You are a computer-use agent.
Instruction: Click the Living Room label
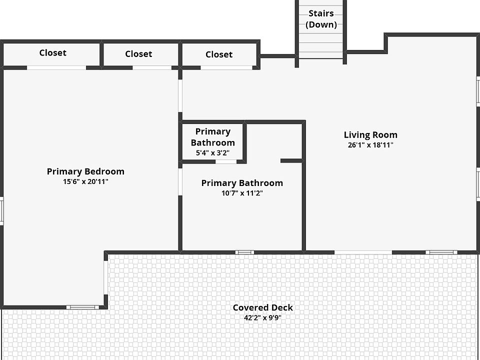coord(370,135)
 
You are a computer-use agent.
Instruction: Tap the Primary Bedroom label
coord(85,171)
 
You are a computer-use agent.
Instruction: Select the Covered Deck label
coord(263,307)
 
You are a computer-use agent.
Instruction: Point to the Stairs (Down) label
coord(321,19)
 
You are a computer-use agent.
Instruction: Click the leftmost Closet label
coord(52,52)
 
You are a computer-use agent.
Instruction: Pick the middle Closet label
coord(138,54)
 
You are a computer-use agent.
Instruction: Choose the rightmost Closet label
coord(219,54)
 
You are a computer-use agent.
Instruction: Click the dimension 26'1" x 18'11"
coord(370,145)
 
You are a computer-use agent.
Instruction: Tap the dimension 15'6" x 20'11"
coord(85,182)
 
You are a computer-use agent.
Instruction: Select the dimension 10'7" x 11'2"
coord(242,193)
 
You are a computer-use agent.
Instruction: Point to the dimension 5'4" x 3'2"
coord(212,153)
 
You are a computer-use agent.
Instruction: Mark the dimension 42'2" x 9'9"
coord(263,317)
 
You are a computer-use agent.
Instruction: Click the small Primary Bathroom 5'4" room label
coord(212,137)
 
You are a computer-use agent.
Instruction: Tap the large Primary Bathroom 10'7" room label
coord(242,183)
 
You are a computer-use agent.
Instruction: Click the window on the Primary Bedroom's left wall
coord(1,210)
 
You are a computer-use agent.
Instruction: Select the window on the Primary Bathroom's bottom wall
coord(244,252)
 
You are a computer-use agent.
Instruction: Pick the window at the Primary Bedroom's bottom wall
coord(83,307)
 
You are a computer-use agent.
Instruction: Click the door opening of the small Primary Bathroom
coord(226,161)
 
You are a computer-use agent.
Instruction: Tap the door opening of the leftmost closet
coord(56,67)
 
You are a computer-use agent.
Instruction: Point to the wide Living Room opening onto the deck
coord(363,252)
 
